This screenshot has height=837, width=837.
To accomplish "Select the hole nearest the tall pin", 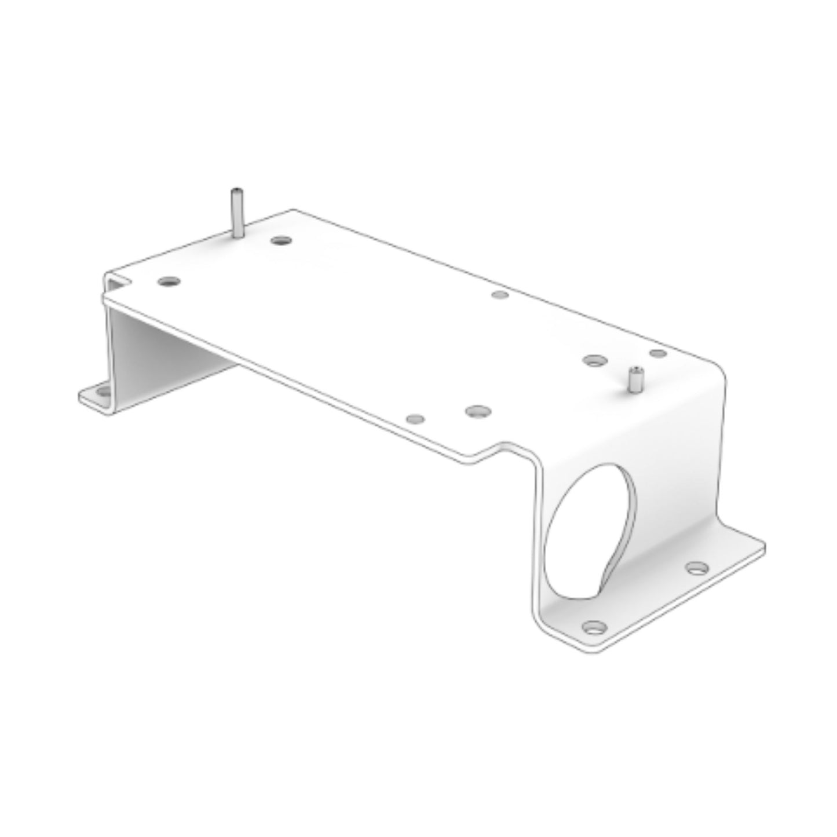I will pos(281,239).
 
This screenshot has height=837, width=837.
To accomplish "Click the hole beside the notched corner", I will pos(169,282).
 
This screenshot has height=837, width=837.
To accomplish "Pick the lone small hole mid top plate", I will pos(499,295).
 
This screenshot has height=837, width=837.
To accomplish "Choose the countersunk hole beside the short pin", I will pos(592,360).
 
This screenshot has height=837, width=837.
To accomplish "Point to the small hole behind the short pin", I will pos(658,353).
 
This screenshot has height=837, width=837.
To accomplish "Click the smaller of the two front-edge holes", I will pos(416,418).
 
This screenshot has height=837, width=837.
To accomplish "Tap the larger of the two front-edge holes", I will pos(478,412).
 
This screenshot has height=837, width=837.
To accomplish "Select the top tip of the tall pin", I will pos(236,191).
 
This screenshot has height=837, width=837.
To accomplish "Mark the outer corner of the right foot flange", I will pos(763,546).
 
